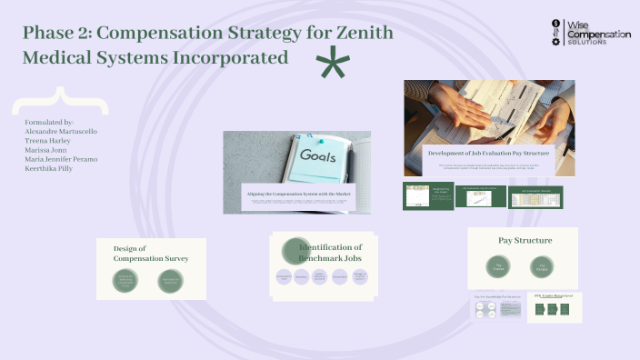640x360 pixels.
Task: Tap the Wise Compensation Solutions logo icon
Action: (x=557, y=33)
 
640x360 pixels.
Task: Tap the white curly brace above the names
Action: (x=63, y=100)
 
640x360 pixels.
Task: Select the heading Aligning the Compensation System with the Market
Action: (x=297, y=193)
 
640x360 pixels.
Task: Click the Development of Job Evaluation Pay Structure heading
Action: (x=489, y=154)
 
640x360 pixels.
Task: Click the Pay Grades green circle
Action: (x=498, y=268)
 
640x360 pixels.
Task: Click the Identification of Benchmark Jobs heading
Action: (x=330, y=253)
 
